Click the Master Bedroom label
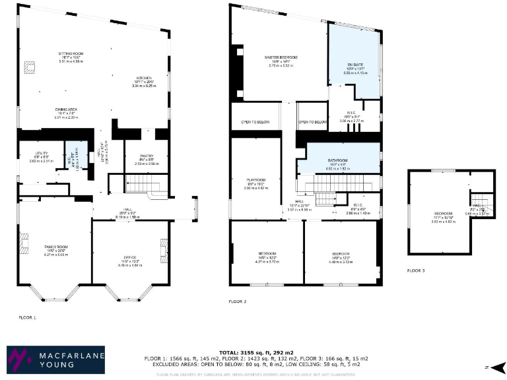[x=281, y=58]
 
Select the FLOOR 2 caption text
[x=238, y=301]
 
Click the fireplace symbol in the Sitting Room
[x=30, y=67]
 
